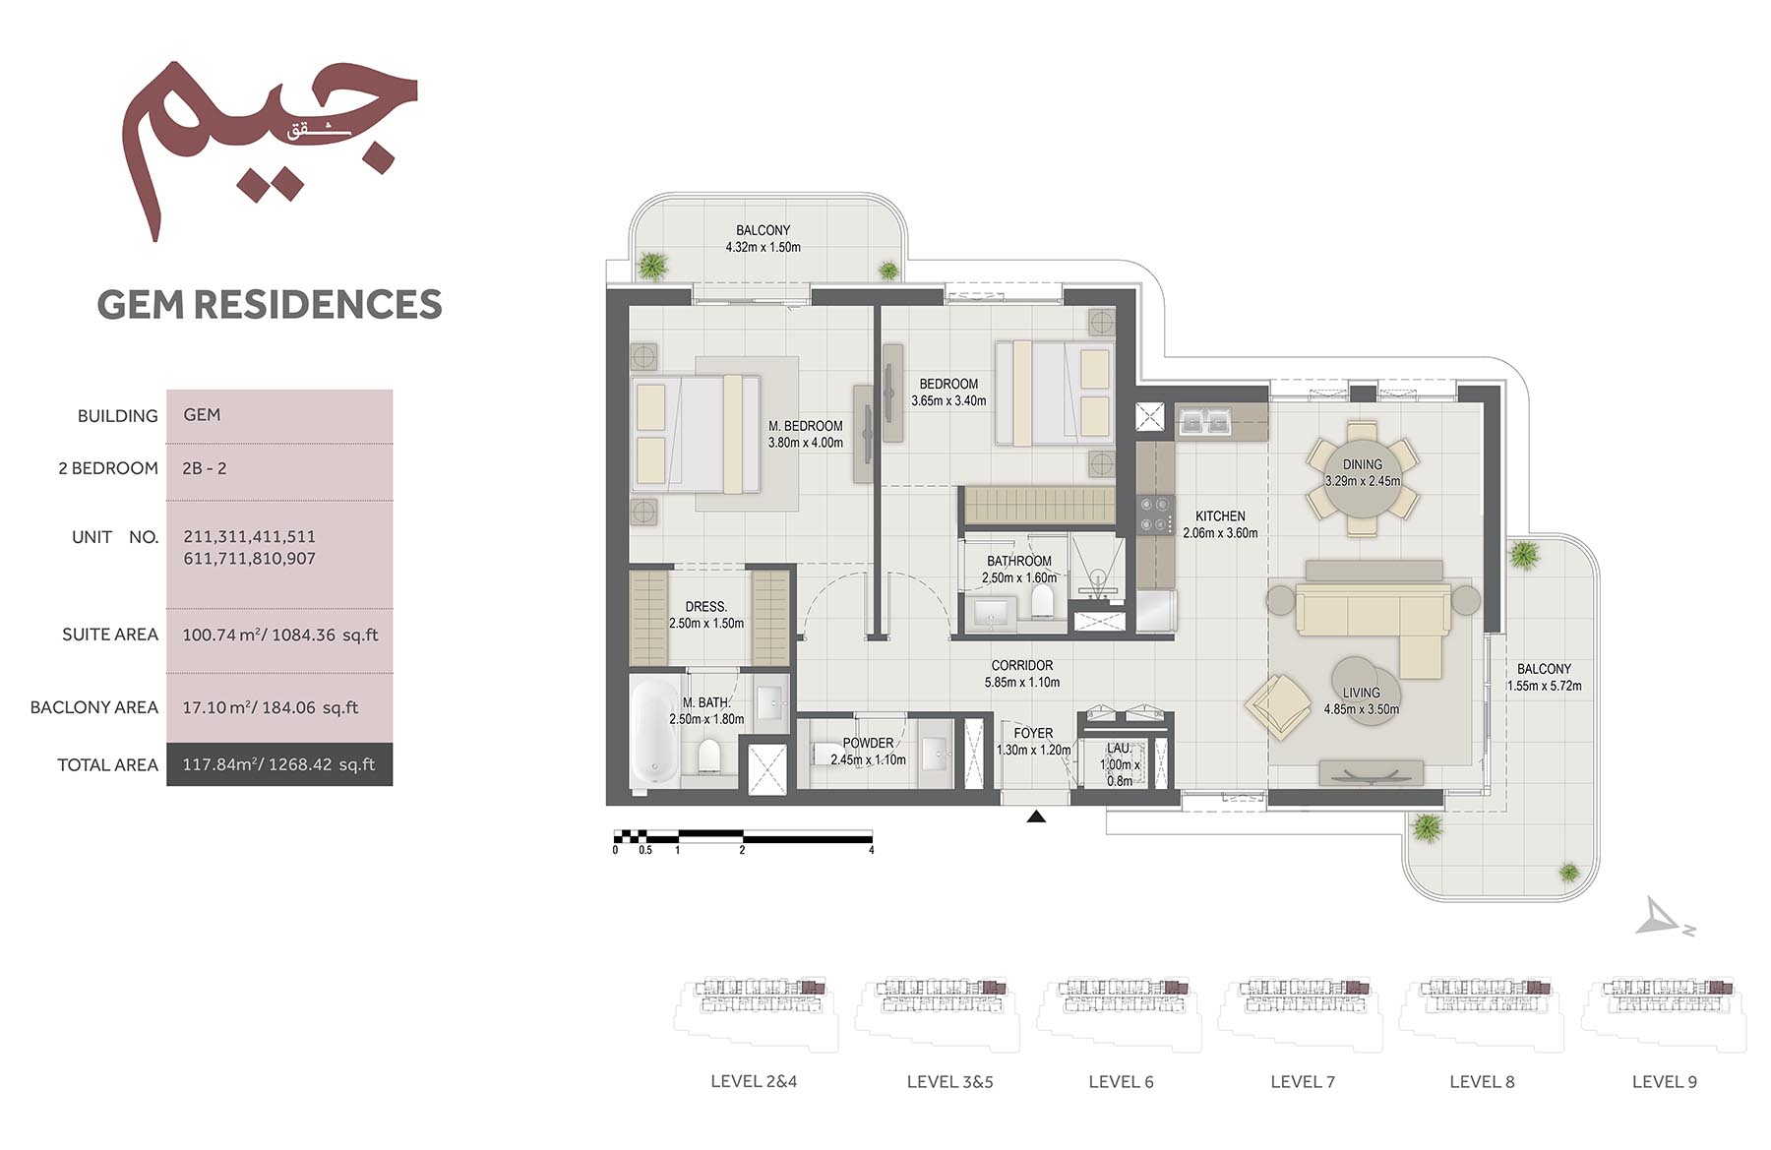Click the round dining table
1363,479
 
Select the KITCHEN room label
1220,515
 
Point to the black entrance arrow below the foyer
1036,816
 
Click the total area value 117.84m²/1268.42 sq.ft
278,764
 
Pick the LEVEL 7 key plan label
1303,1082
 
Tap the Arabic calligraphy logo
270,148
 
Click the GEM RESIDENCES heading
270,304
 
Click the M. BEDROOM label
806,426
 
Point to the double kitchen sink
1205,420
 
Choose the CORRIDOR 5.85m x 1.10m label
1022,674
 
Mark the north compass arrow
1664,917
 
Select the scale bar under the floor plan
743,837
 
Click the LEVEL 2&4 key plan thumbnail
756,1013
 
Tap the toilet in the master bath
709,757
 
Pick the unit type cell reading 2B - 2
205,468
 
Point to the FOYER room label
1033,733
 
